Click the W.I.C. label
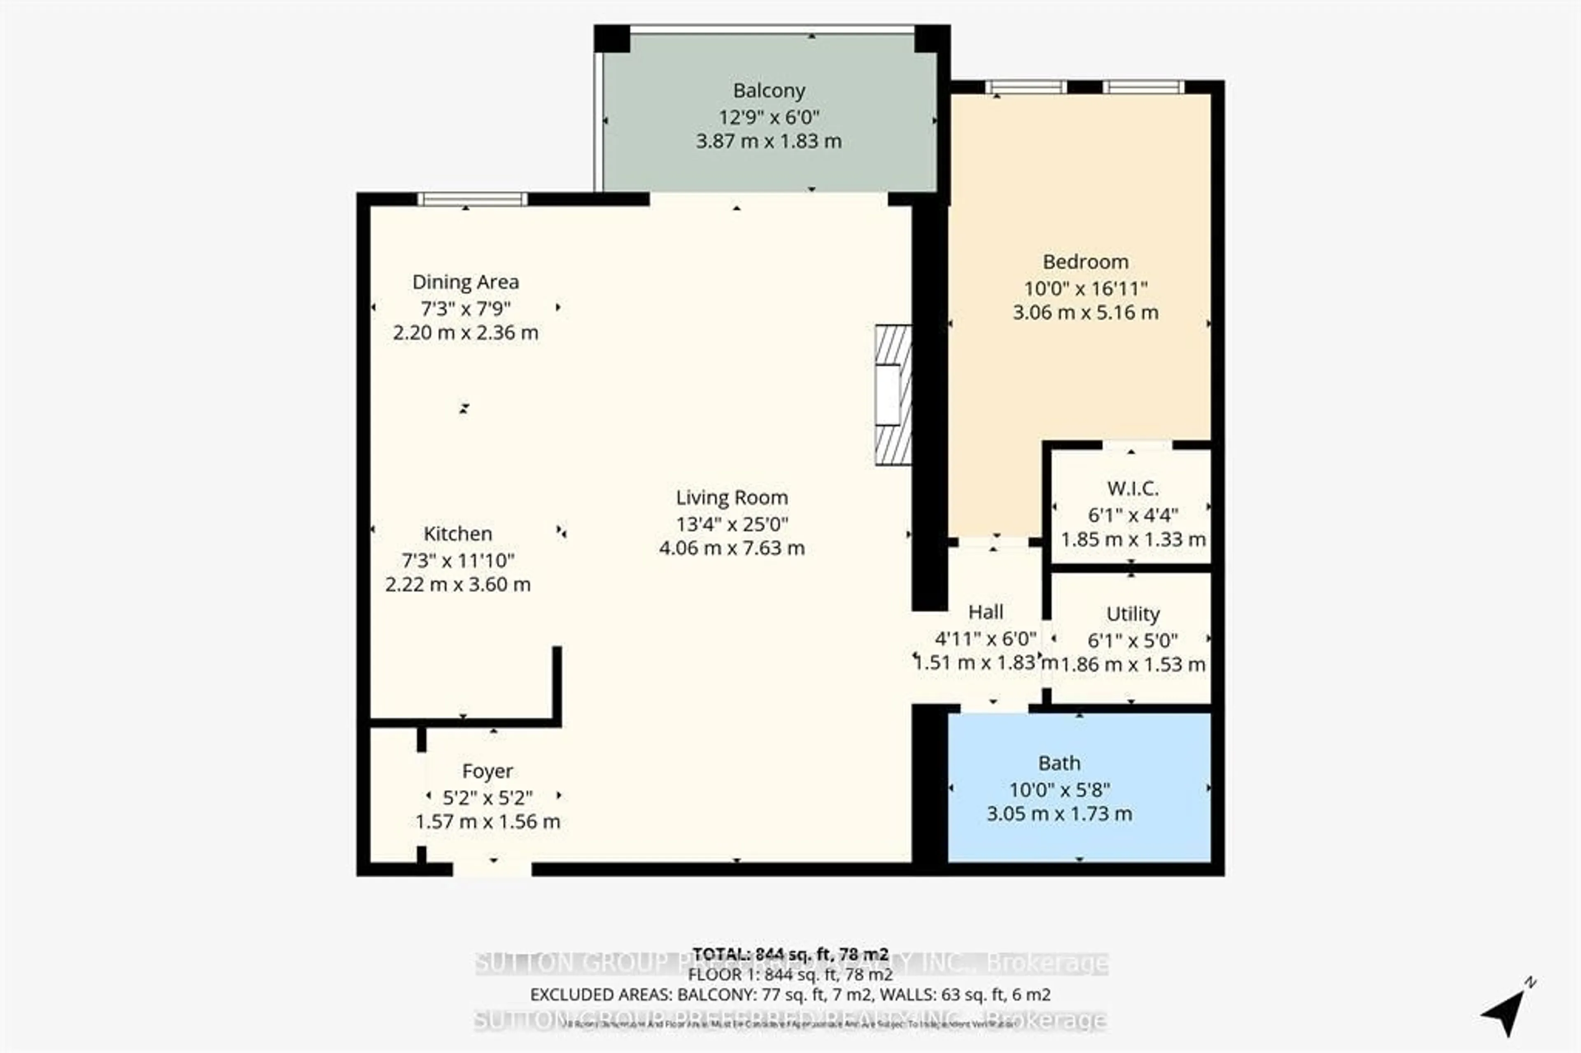click(1132, 489)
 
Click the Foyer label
click(487, 771)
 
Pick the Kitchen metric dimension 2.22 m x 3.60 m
click(457, 584)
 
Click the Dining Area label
click(465, 282)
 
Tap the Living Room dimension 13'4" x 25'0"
click(731, 524)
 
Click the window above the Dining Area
click(472, 199)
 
